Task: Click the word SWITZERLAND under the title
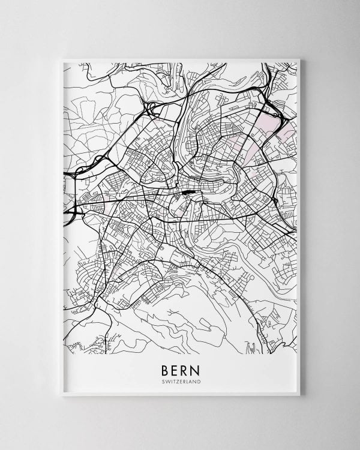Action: pyautogui.click(x=180, y=382)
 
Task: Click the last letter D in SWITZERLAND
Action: pyautogui.click(x=199, y=382)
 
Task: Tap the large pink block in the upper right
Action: pyautogui.click(x=266, y=127)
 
